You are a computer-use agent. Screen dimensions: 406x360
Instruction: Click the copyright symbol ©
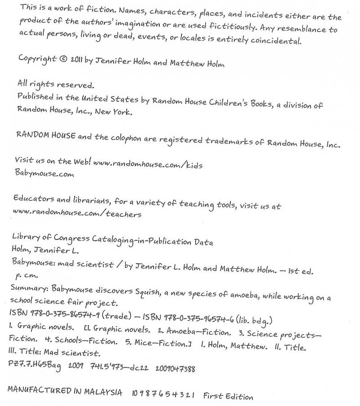(63, 59)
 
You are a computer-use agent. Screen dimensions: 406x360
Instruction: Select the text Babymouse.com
(45, 174)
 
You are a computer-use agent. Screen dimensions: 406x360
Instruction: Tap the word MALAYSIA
(105, 392)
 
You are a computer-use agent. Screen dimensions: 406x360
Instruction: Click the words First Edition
(228, 396)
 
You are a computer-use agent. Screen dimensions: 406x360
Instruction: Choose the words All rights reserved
(55, 84)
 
